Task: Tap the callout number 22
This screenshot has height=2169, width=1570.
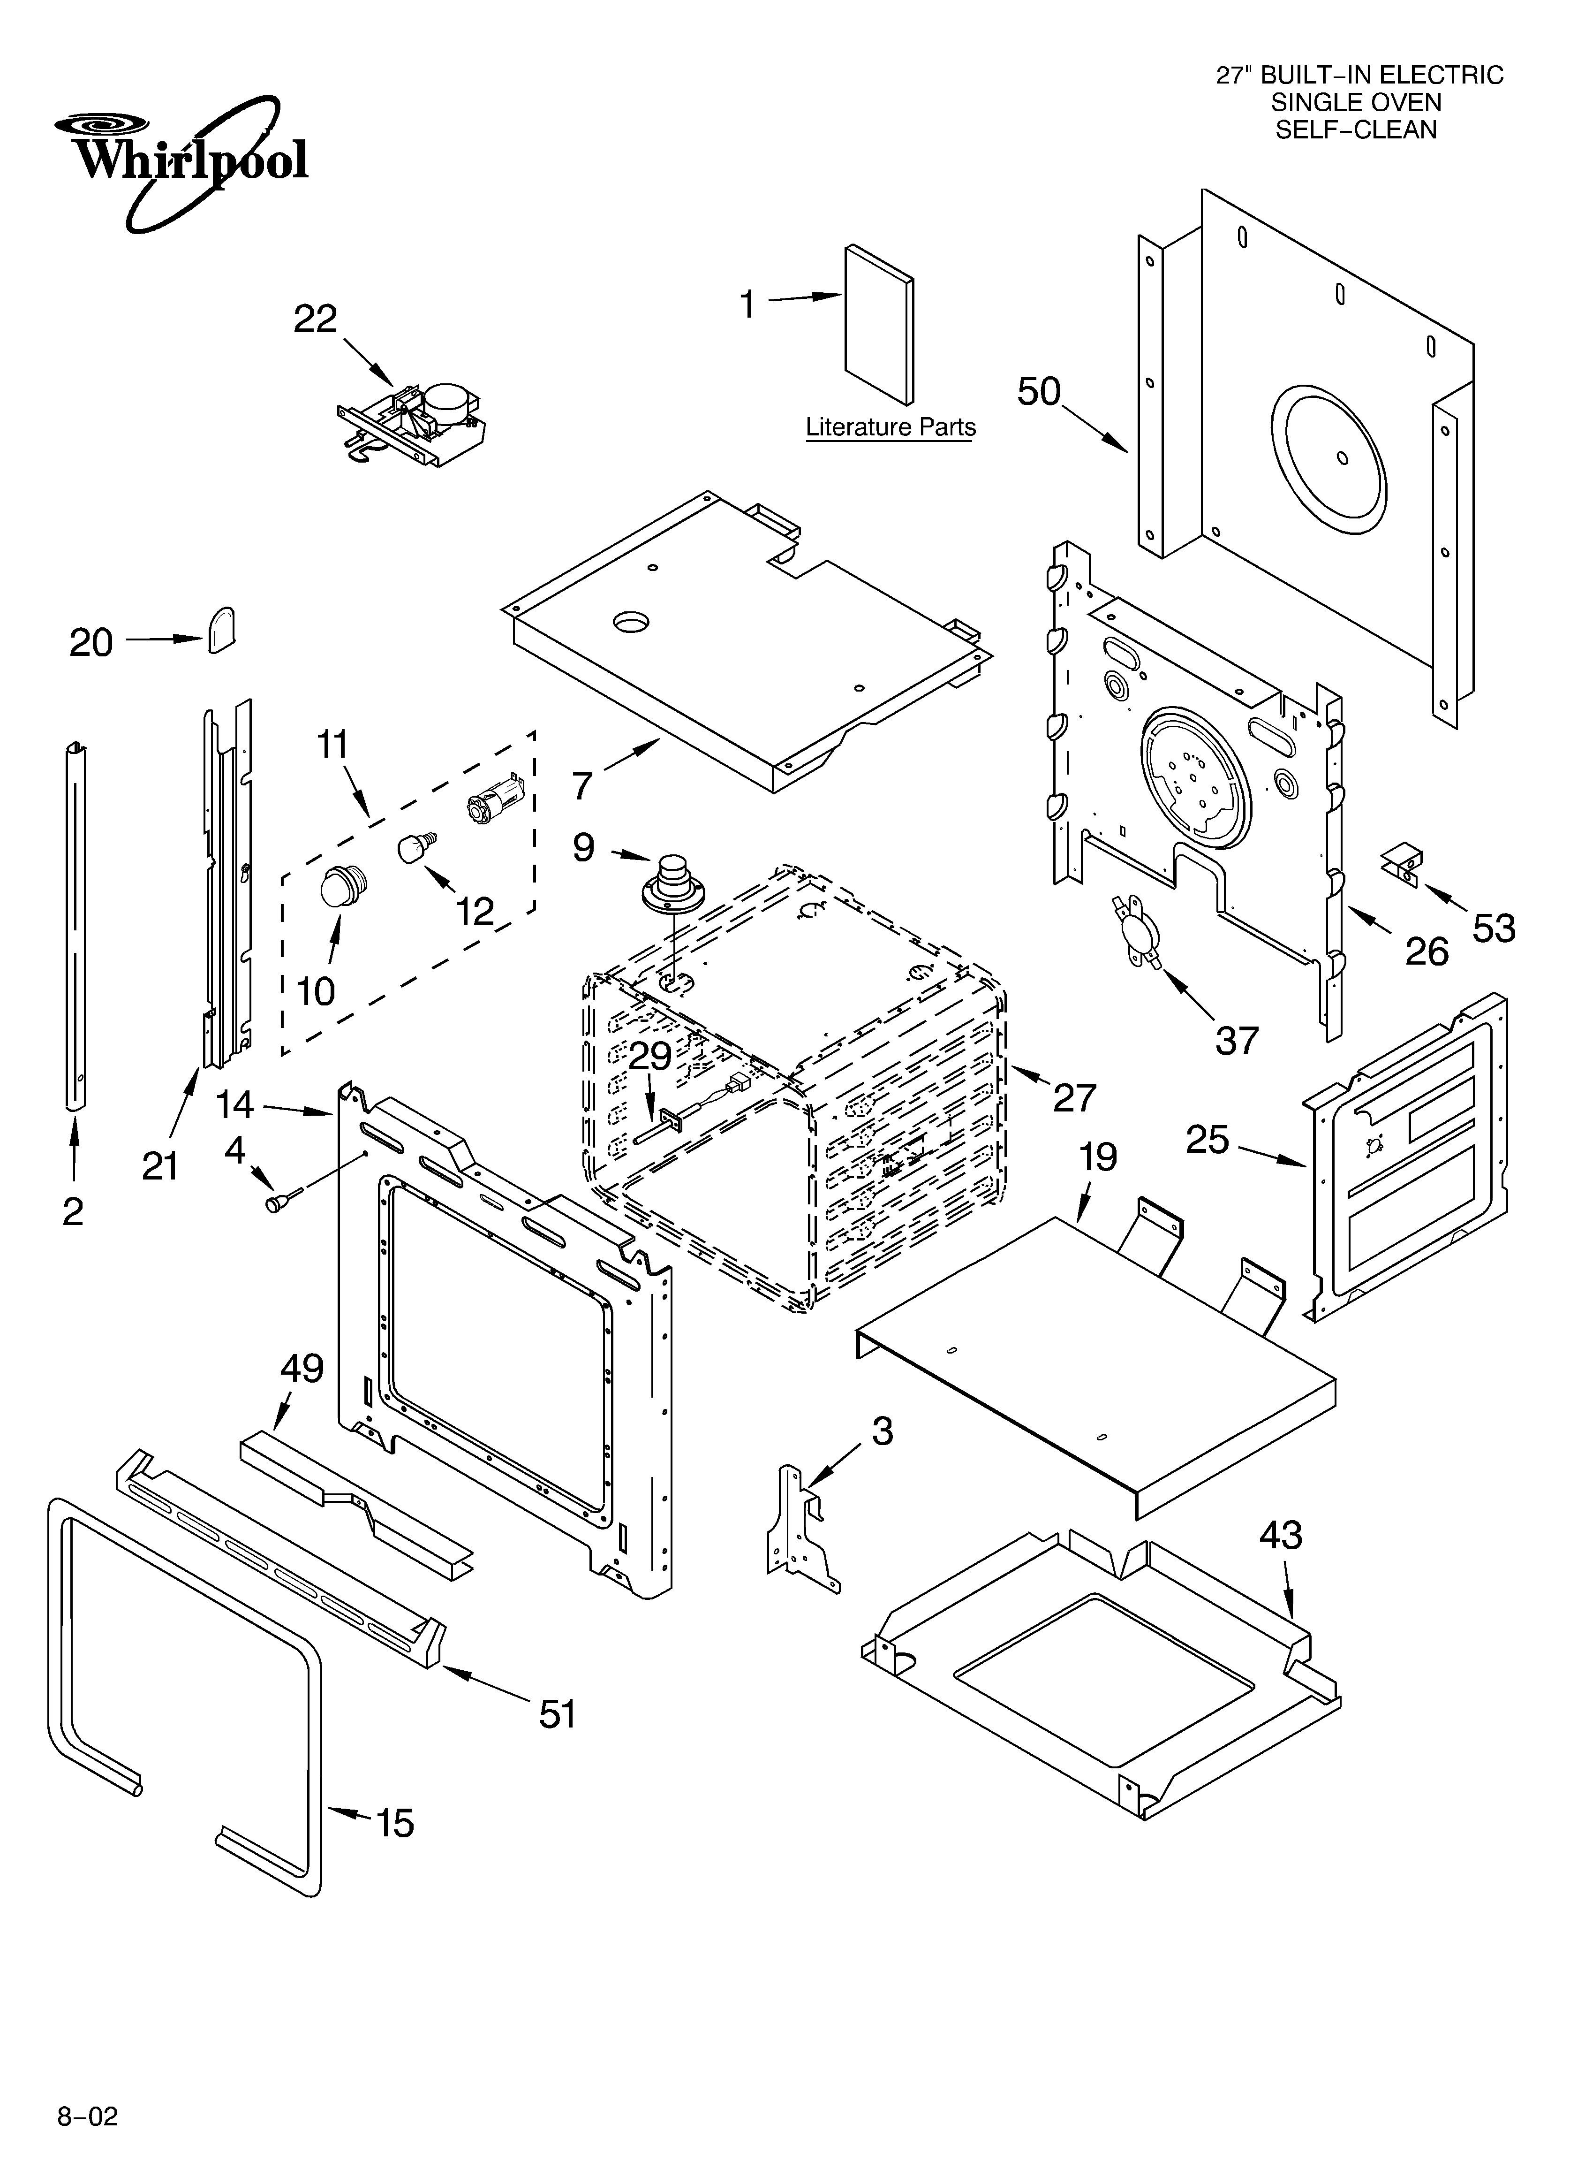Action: pos(316,320)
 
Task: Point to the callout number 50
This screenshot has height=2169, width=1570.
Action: pos(1039,391)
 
